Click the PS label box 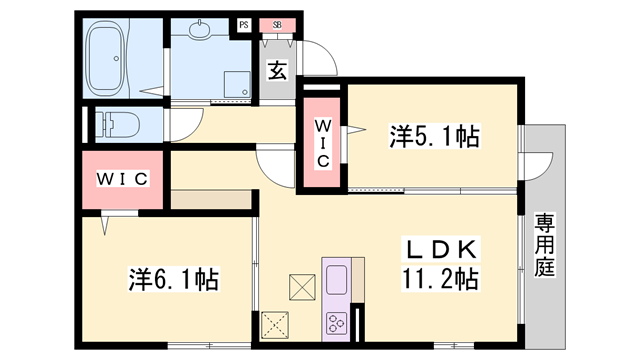tap(244, 25)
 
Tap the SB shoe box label tap(277, 25)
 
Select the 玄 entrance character tap(277, 71)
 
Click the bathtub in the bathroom tap(107, 58)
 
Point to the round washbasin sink tap(200, 30)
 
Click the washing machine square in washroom tap(237, 84)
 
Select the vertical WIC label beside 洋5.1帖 tap(323, 143)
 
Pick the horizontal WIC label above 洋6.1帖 tap(122, 179)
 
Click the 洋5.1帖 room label tap(434, 136)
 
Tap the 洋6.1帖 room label tap(174, 279)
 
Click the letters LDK tap(441, 249)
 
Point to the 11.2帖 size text tap(441, 278)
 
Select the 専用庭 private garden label tap(545, 245)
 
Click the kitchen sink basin tap(337, 280)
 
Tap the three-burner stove tap(337, 322)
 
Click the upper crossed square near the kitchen tap(302, 287)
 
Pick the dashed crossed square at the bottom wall tap(275, 325)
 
